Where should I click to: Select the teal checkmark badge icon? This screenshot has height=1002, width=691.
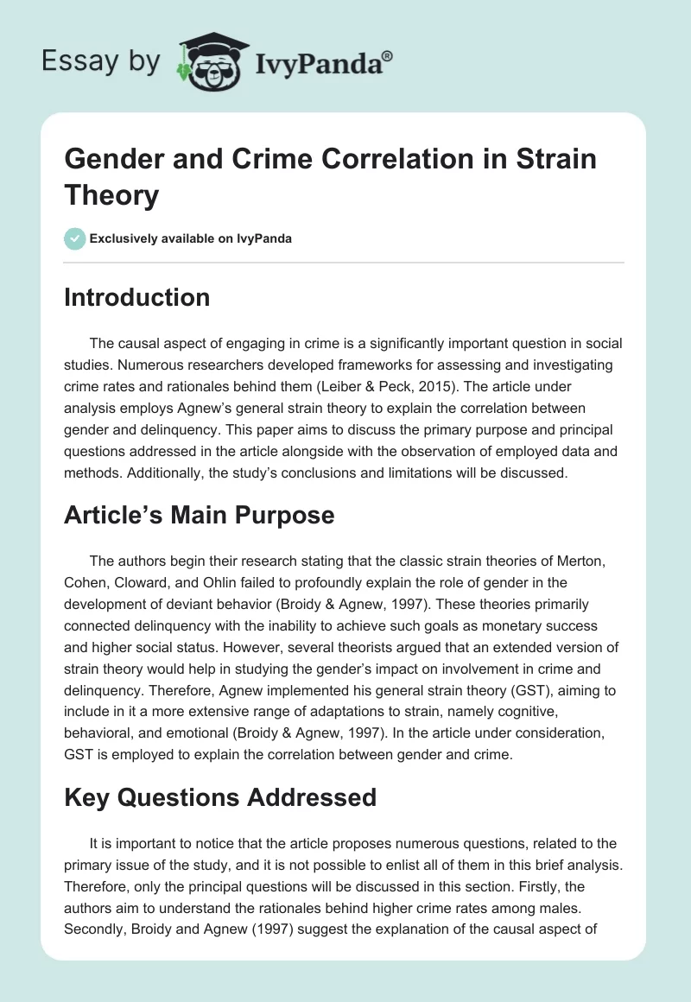coord(75,238)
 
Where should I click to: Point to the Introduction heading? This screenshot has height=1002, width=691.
coord(137,297)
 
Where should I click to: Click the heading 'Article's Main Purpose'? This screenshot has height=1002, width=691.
coord(199,516)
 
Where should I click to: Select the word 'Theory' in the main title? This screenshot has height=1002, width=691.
coord(112,195)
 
